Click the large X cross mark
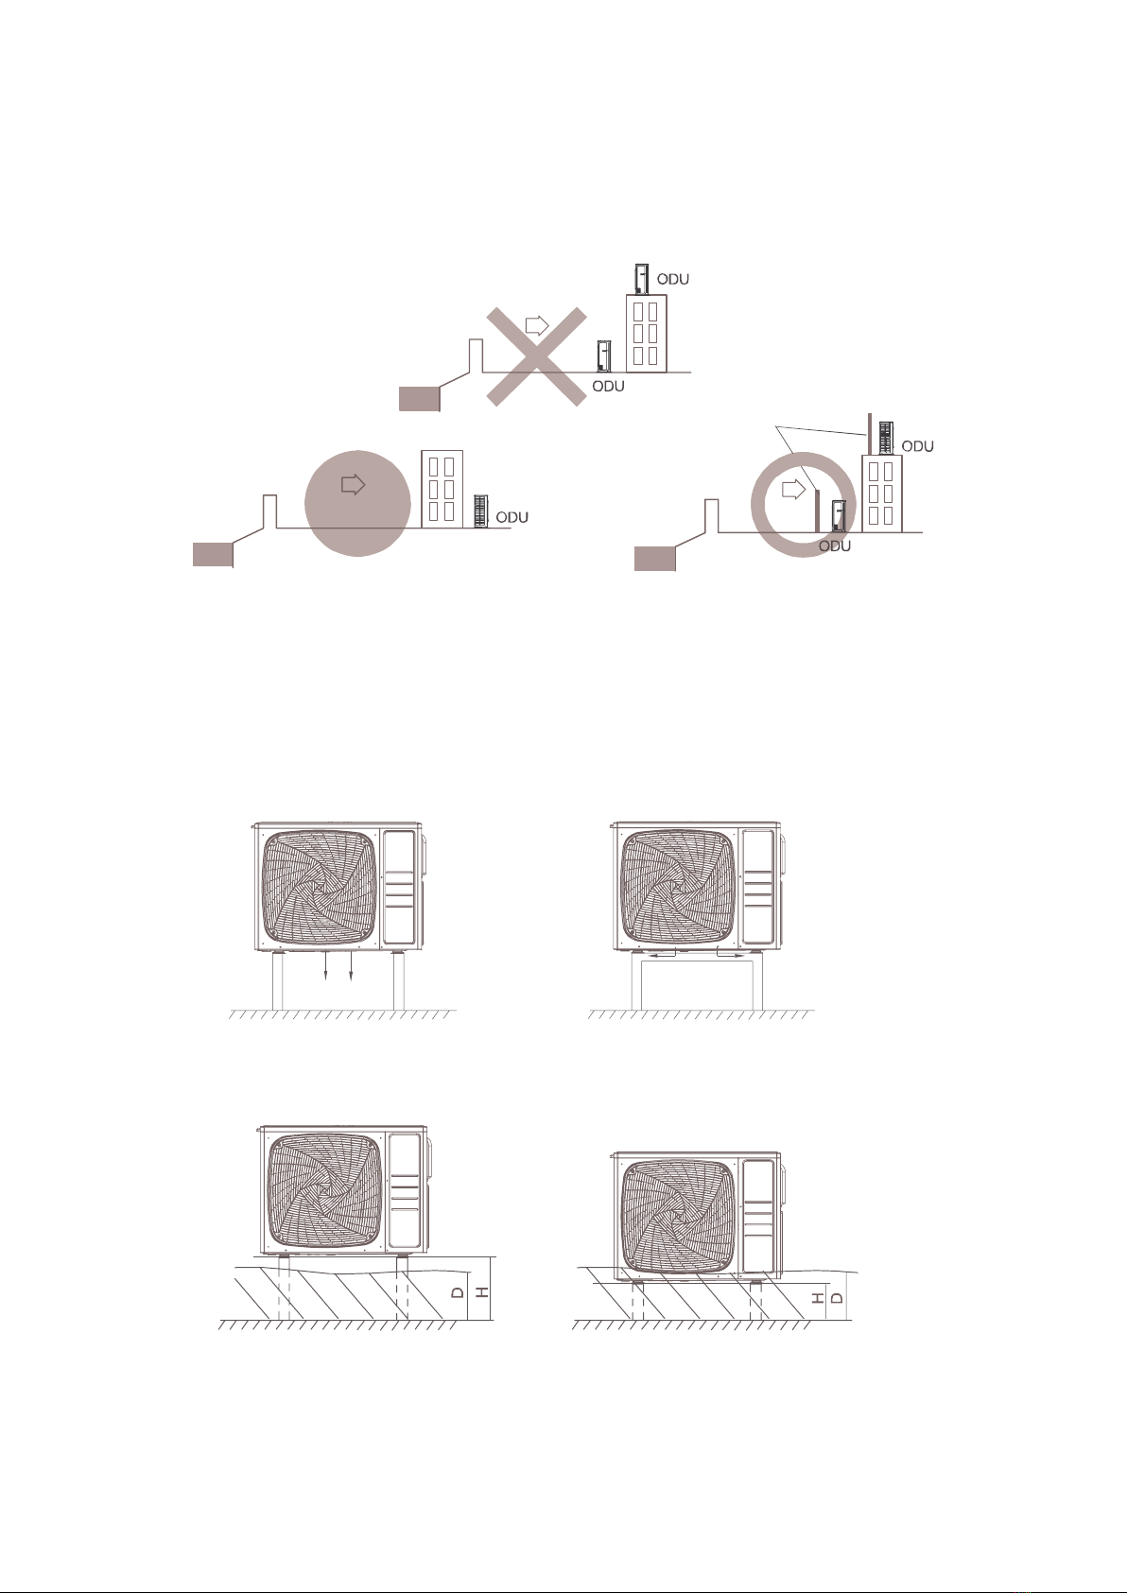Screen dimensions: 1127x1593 point(536,356)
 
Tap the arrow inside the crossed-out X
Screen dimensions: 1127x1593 point(537,326)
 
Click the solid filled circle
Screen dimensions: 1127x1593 point(357,503)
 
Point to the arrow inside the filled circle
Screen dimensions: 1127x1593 point(354,485)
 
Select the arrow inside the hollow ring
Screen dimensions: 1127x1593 point(793,490)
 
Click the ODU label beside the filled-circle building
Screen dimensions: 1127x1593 point(511,517)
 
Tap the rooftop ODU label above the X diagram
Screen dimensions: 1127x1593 point(672,279)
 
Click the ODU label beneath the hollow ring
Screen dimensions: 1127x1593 point(835,545)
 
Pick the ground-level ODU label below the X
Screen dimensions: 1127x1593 point(608,386)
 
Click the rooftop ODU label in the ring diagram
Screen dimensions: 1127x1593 point(917,446)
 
